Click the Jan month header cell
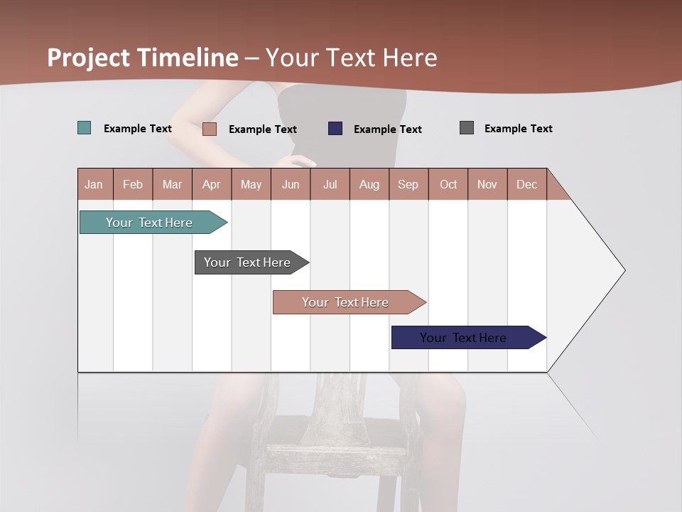coord(94,184)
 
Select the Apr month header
coord(212,184)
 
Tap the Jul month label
coord(330,184)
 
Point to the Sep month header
coord(408,184)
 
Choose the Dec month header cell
coord(526,184)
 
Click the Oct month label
coord(448,184)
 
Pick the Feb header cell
coord(133,184)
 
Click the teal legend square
coord(85,128)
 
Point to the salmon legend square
coord(210,129)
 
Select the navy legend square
coord(335,129)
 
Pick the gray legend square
coord(467,128)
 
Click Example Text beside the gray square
coord(518,129)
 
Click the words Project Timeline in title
coord(142,58)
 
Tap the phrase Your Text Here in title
coord(352,58)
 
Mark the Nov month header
coord(487,184)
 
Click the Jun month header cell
coord(291,184)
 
